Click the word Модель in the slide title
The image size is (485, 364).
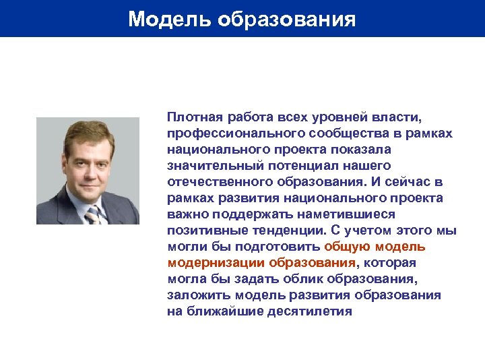point(169,19)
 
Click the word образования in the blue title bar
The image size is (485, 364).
point(286,19)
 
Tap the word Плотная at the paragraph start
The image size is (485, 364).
point(193,118)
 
